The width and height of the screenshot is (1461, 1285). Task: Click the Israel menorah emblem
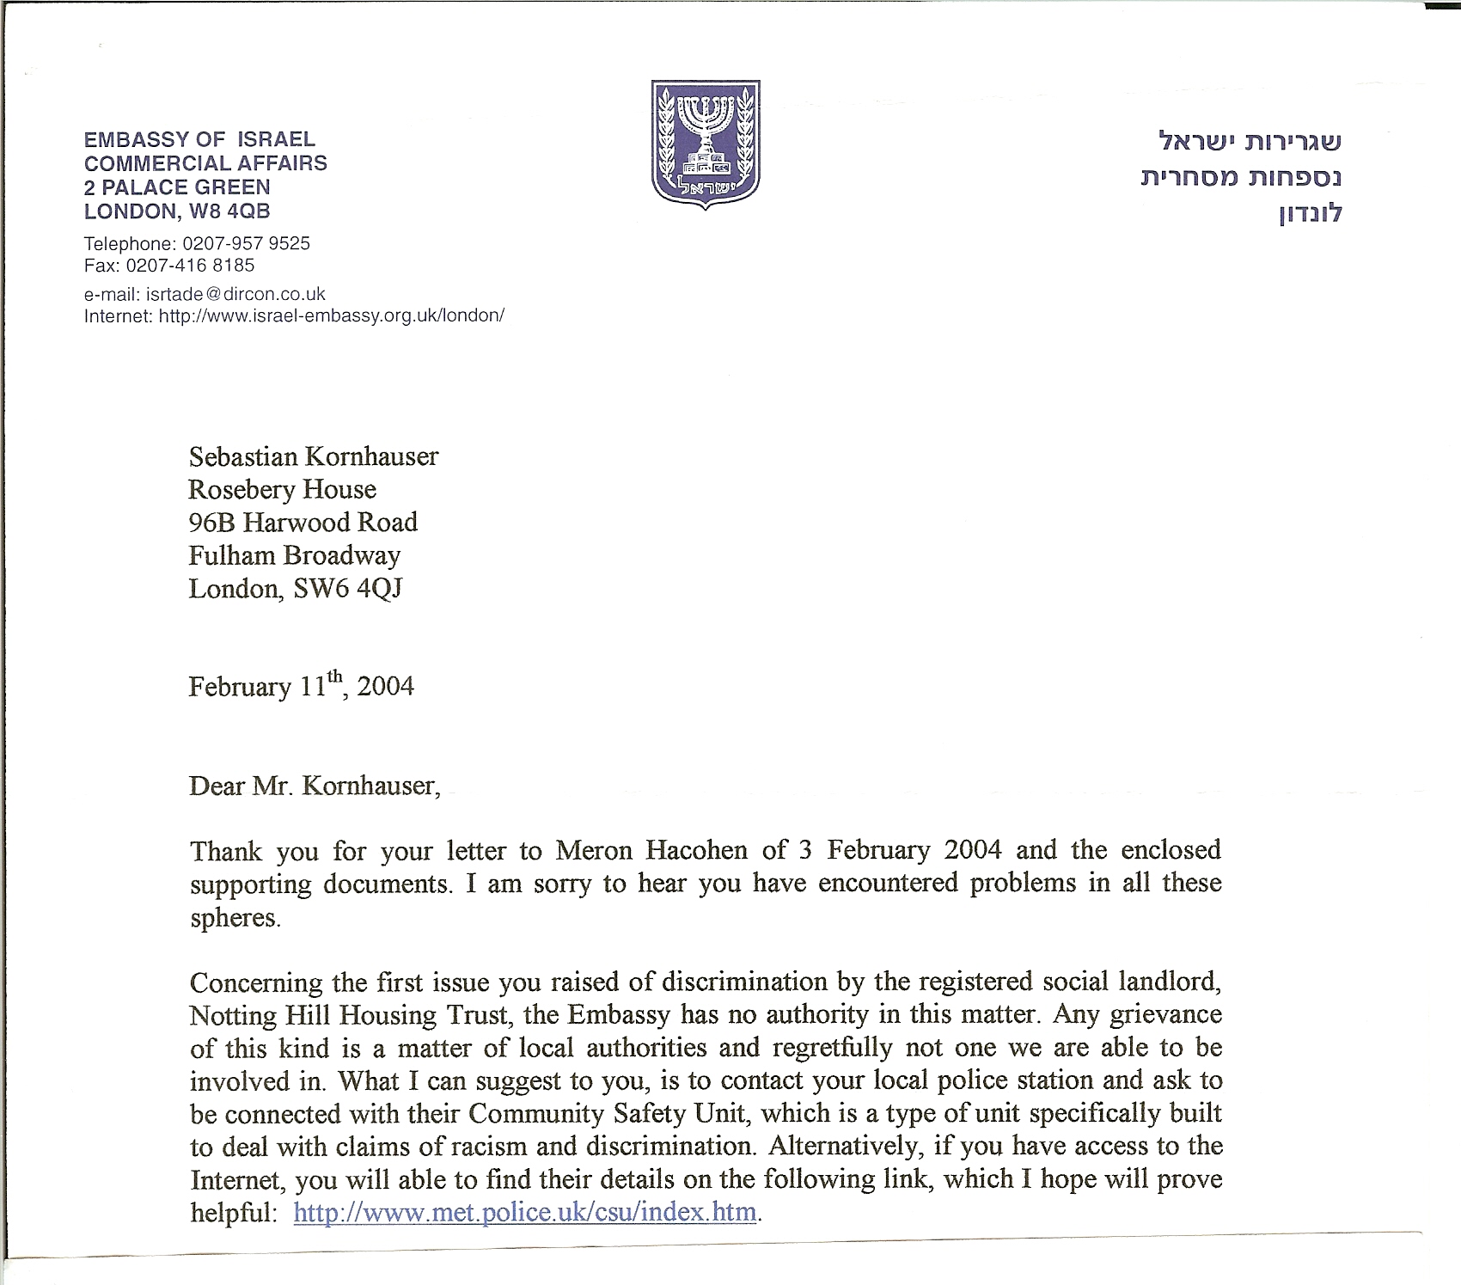click(x=705, y=145)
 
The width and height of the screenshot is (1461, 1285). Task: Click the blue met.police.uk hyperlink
click(x=525, y=1212)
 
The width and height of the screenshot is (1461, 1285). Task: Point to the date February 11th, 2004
click(x=301, y=686)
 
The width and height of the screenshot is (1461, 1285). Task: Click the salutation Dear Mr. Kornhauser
click(x=314, y=786)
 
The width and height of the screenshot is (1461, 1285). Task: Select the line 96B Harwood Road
click(x=303, y=523)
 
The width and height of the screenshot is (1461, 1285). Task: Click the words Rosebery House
click(x=282, y=489)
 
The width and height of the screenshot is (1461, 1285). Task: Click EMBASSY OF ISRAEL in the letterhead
click(x=199, y=139)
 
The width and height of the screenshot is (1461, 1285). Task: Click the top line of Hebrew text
click(x=1250, y=139)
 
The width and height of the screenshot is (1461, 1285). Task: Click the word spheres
click(x=235, y=917)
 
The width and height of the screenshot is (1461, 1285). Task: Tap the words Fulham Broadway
click(x=294, y=555)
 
